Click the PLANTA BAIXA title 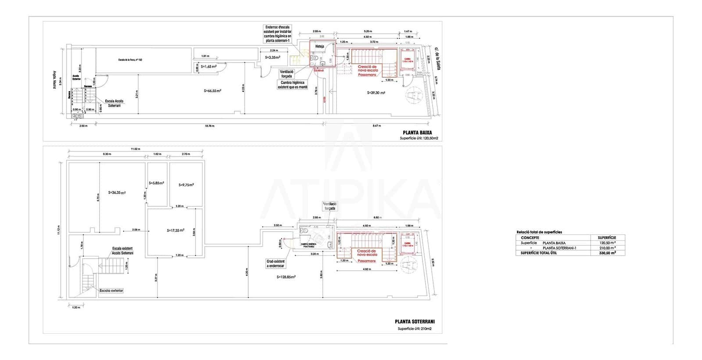(417, 132)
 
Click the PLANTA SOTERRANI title (414, 321)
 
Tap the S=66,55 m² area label (212, 91)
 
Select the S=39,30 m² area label (376, 93)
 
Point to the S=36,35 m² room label (117, 192)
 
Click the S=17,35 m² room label (175, 230)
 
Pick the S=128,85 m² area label (286, 277)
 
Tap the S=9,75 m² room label (186, 185)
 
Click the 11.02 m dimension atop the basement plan (135, 149)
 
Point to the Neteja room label (319, 46)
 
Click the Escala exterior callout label (111, 290)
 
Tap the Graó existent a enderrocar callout (276, 263)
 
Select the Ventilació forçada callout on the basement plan (330, 206)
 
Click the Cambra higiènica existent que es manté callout (293, 85)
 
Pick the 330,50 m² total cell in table (607, 253)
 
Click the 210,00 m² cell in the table (607, 248)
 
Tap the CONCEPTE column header (530, 238)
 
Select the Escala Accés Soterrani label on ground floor (114, 103)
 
